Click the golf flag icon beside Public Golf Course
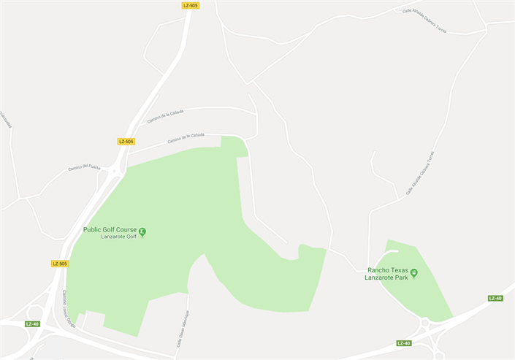142,232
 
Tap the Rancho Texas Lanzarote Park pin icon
413,274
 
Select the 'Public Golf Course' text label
110,229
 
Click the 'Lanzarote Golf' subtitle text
119,237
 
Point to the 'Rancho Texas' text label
388,270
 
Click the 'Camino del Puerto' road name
84,168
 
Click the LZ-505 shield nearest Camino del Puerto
126,142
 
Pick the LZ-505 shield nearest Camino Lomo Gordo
60,264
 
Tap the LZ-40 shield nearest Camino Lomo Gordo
32,323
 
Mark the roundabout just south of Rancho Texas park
425,323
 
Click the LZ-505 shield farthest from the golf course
191,5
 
